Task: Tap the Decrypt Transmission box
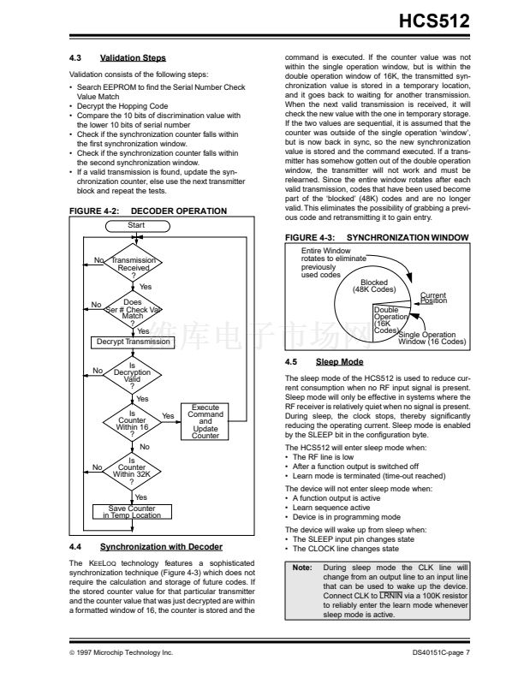[131, 342]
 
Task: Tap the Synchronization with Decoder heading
[161, 546]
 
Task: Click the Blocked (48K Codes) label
[374, 286]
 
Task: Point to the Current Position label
[433, 298]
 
